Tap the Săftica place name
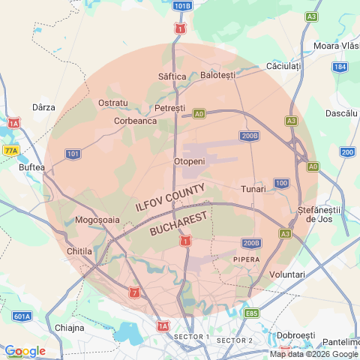(172, 76)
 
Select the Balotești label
(218, 75)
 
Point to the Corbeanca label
(135, 120)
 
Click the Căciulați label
(283, 67)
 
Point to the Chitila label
(79, 250)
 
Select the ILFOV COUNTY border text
(169, 200)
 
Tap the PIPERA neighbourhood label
(247, 259)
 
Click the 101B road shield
(181, 6)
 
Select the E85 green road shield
(251, 313)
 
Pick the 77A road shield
(10, 151)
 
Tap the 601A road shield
(22, 316)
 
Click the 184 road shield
(340, 67)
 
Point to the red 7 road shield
(133, 292)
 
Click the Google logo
(25, 350)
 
